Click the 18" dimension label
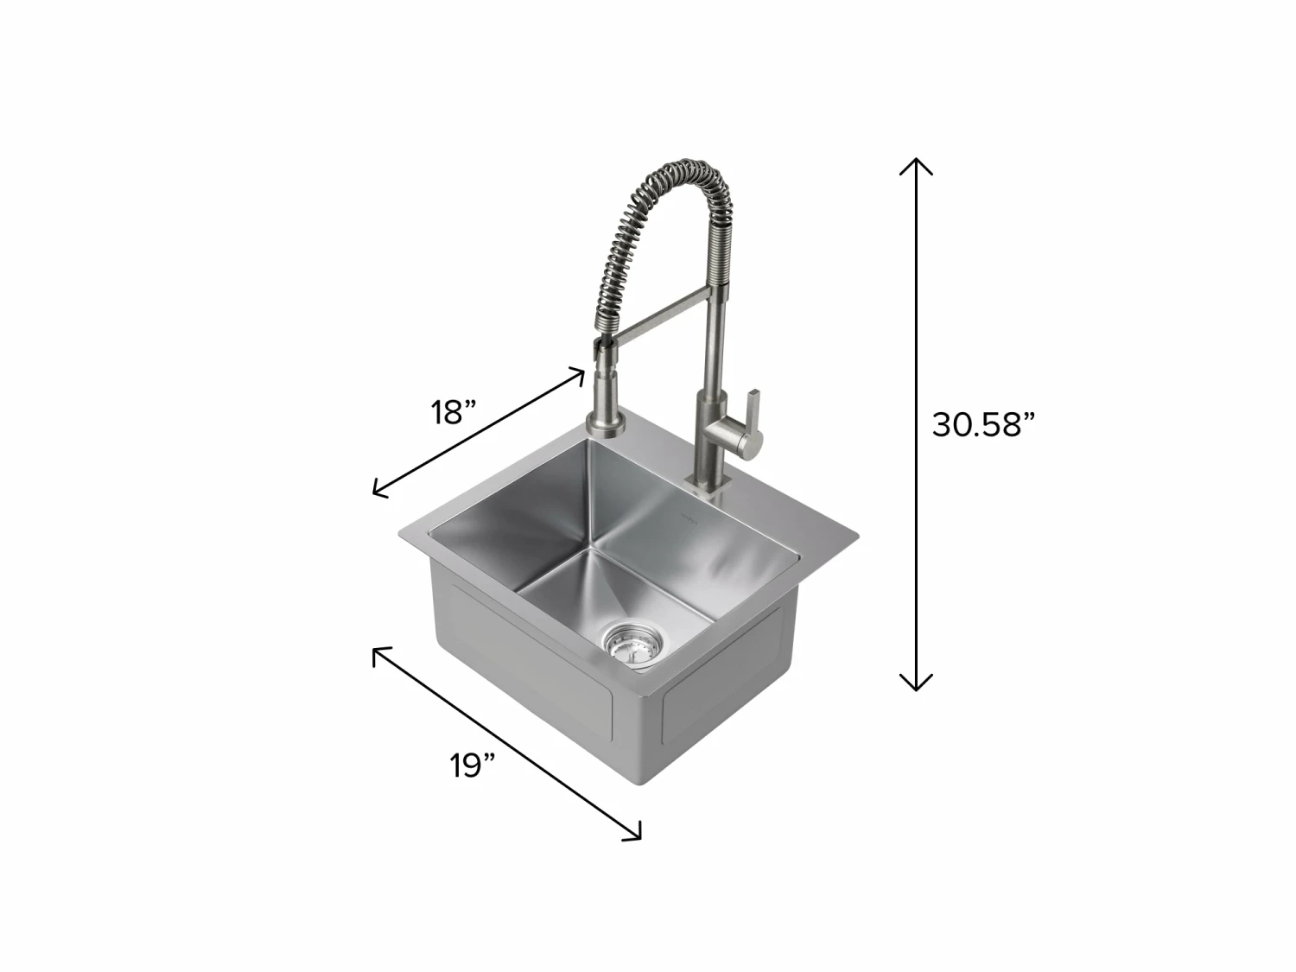click(x=454, y=413)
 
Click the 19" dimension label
click(x=473, y=766)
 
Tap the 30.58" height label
click(x=983, y=424)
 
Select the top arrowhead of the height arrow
click(x=916, y=163)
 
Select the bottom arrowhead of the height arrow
click(x=916, y=684)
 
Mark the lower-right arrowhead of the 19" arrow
click(x=636, y=835)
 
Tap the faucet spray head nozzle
click(x=601, y=350)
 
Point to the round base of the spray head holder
click(x=602, y=424)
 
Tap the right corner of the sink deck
click(x=857, y=533)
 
